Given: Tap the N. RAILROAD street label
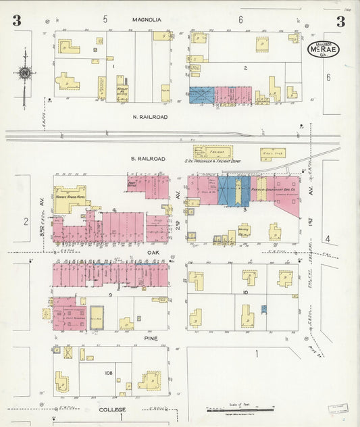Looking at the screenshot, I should pos(151,117).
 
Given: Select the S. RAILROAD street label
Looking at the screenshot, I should pos(148,159).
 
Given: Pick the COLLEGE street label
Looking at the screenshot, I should pos(113,409).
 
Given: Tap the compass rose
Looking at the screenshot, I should pos(24,73).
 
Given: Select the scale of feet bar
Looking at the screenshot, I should pos(241,409).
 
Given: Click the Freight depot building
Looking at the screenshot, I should pos(213,153).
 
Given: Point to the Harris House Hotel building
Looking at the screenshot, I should pos(70,199).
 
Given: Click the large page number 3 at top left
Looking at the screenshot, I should pos(16,21).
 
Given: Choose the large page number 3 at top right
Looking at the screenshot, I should pos(341,21).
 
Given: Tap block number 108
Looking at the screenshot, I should pos(107,373).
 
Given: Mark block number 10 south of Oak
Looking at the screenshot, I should pos(245,292).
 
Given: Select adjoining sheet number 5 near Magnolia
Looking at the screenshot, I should pos(105,20).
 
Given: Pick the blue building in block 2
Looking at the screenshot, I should pos(201,95).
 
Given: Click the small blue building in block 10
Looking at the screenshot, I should pos(264,309).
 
